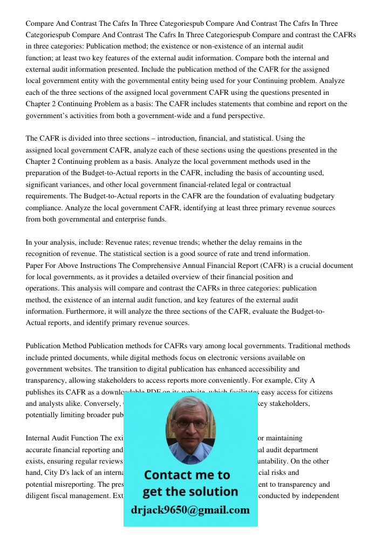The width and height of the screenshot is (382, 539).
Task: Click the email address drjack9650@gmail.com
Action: point(190,510)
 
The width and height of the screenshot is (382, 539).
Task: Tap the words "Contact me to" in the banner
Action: point(187,475)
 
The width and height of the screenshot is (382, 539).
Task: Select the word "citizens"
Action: point(319,392)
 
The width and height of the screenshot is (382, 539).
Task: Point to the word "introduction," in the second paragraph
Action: point(201,139)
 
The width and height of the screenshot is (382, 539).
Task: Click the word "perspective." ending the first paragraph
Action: point(245,115)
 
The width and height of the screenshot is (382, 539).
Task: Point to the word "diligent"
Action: point(39,496)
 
